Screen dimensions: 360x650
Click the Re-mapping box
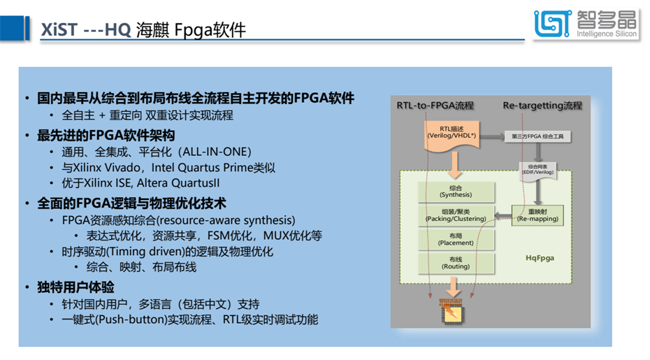click(x=537, y=215)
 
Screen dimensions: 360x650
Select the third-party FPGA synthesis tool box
click(x=535, y=136)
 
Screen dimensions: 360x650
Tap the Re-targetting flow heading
click(x=542, y=106)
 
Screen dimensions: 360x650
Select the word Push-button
click(x=134, y=320)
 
